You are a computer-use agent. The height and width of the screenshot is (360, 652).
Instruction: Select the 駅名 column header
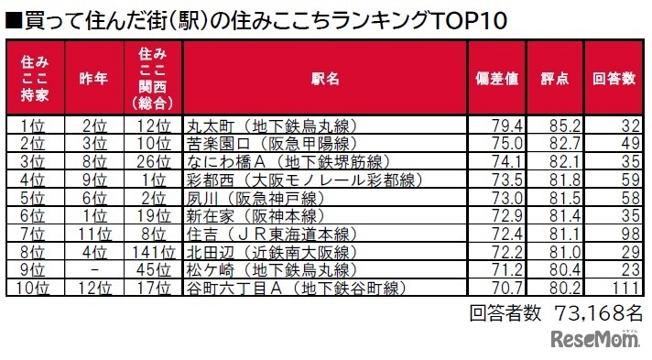click(324, 79)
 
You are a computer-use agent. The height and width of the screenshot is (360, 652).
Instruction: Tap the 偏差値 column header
click(496, 79)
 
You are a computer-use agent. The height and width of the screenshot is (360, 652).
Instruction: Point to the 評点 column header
click(553, 79)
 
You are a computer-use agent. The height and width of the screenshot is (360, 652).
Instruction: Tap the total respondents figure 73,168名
click(596, 312)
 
